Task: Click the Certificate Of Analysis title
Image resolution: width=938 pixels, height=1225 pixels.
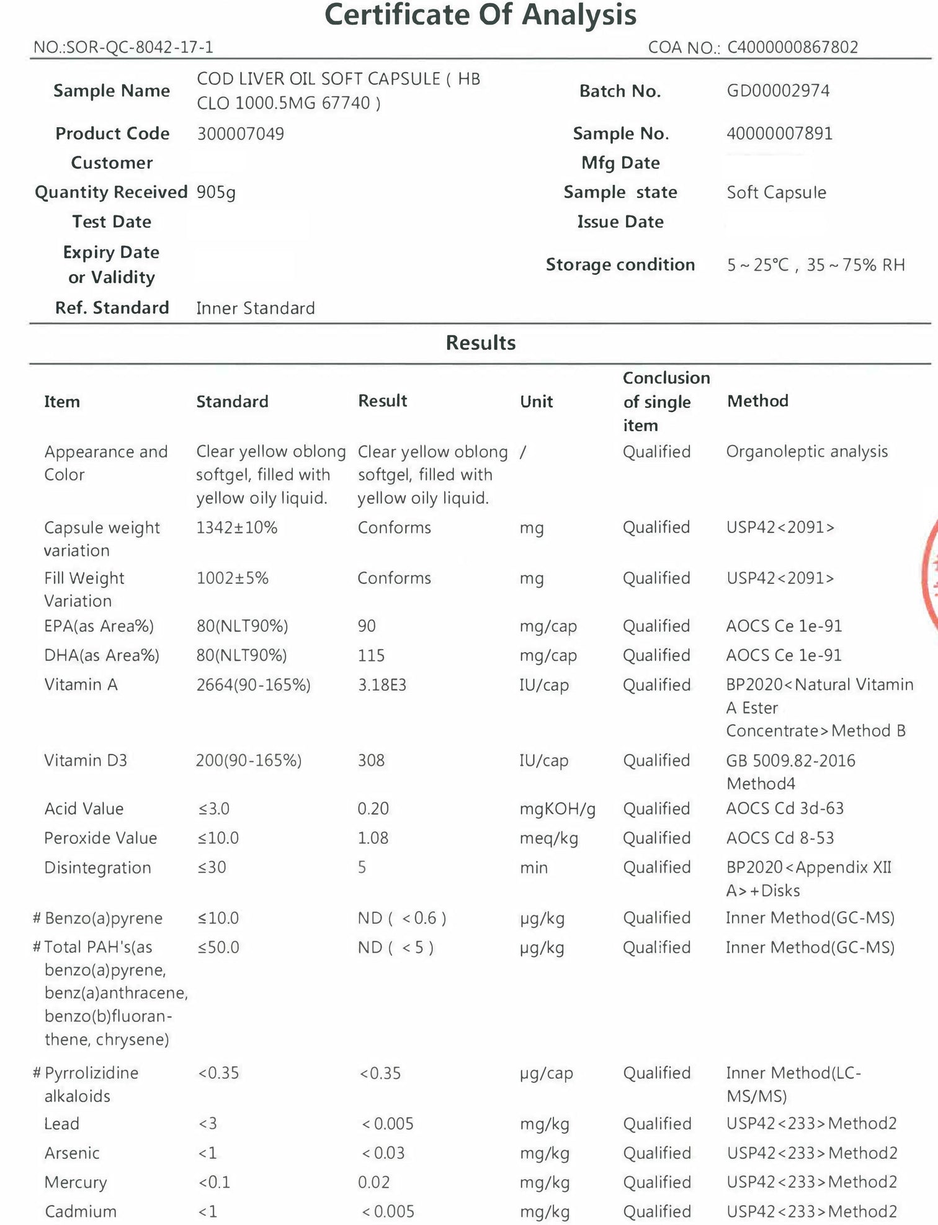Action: pyautogui.click(x=480, y=15)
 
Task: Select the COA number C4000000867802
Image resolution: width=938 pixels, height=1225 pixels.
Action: pyautogui.click(x=792, y=47)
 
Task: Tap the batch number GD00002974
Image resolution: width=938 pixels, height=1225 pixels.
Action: pyautogui.click(x=778, y=91)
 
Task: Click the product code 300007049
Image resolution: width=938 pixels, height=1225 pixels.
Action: pyautogui.click(x=240, y=133)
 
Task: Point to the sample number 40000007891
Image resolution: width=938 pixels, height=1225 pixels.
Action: pyautogui.click(x=779, y=133)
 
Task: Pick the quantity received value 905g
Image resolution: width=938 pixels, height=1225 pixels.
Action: pyautogui.click(x=216, y=192)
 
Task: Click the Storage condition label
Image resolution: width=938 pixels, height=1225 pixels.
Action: pyautogui.click(x=620, y=265)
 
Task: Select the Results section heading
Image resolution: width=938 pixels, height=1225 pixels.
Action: pyautogui.click(x=480, y=343)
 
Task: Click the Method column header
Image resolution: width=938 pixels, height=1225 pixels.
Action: pyautogui.click(x=757, y=401)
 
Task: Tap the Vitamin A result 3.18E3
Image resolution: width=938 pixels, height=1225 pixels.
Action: pyautogui.click(x=382, y=684)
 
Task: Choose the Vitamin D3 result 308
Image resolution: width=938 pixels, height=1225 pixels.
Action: pyautogui.click(x=371, y=760)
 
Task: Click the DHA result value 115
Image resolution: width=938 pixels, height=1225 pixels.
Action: pyautogui.click(x=371, y=655)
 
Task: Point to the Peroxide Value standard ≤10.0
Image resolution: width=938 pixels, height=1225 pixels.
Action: pyautogui.click(x=218, y=838)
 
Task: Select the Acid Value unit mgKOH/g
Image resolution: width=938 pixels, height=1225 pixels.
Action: pyautogui.click(x=557, y=809)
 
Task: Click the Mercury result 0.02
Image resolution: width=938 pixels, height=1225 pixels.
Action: pyautogui.click(x=373, y=1182)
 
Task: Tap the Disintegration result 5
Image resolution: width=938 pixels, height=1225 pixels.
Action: pyautogui.click(x=362, y=867)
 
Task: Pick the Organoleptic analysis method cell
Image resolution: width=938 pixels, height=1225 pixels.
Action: pyautogui.click(x=806, y=451)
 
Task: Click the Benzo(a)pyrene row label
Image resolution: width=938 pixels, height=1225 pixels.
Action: pyautogui.click(x=103, y=918)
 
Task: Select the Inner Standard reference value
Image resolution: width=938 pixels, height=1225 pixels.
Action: pyautogui.click(x=255, y=308)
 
